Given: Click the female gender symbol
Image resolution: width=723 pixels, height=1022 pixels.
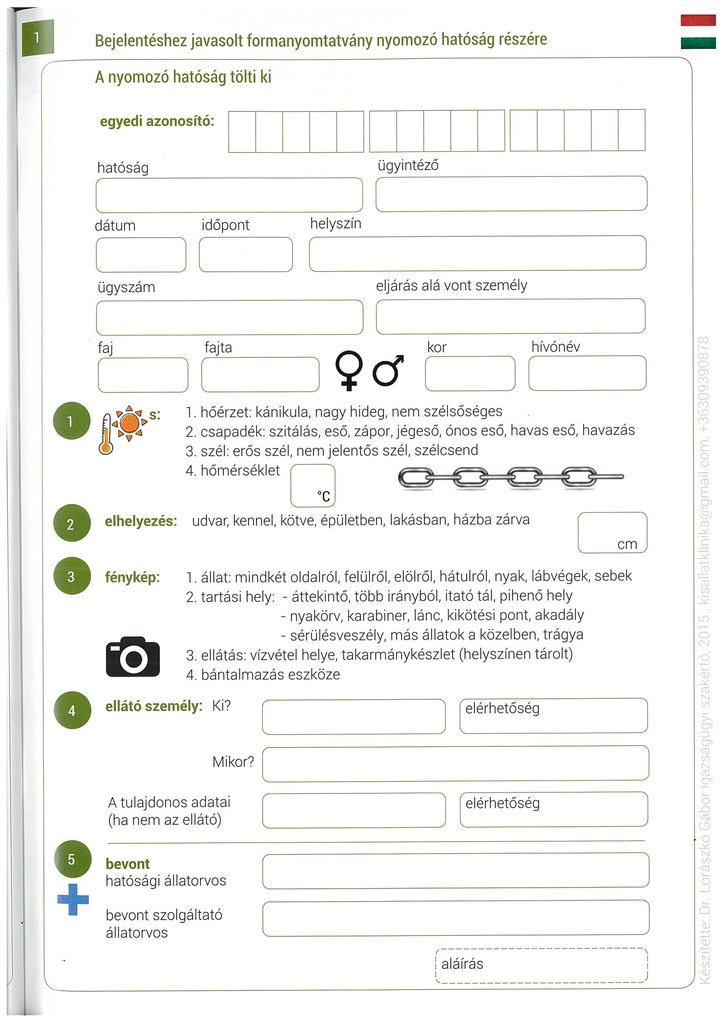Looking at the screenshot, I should [x=349, y=370].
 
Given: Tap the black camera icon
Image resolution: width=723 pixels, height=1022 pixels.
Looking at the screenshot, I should [x=133, y=656].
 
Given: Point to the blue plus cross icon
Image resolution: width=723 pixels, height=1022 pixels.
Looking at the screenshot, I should [x=73, y=899].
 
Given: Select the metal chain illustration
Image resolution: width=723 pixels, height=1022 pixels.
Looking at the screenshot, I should [x=510, y=478].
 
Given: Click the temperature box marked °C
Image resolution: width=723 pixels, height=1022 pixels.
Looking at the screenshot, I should [x=312, y=485].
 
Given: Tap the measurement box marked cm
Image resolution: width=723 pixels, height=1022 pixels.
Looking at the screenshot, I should [x=612, y=532].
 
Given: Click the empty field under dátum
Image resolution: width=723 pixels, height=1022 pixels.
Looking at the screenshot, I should [x=141, y=255].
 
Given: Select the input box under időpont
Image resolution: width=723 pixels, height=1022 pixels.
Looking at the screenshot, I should [x=246, y=255].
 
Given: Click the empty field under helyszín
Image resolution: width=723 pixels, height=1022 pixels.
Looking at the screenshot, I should [x=477, y=253].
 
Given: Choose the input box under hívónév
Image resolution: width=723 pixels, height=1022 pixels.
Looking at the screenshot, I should [x=587, y=373].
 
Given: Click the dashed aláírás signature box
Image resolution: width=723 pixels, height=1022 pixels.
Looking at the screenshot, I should [x=541, y=965].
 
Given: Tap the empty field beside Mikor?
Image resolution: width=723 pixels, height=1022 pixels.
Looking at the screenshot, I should [x=455, y=764].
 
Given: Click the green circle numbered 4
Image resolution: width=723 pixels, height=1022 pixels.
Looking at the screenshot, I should [x=72, y=711].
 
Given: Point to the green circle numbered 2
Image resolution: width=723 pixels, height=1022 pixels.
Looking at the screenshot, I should [x=72, y=523].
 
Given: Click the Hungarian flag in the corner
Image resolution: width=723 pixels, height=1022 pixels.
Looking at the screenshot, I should [x=698, y=31].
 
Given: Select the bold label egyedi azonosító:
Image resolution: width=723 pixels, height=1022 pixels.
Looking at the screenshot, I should [x=157, y=121].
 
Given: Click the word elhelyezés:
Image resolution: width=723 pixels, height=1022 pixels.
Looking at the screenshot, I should [x=141, y=521].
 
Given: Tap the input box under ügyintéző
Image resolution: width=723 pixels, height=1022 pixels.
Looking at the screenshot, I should [x=511, y=193].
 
